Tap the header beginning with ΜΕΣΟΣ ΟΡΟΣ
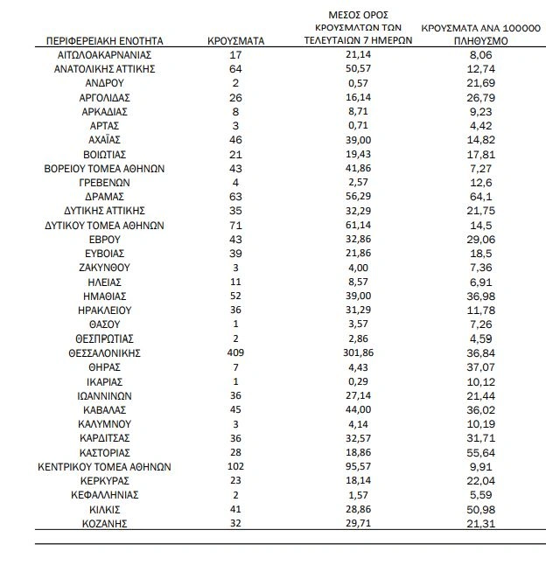[x=346, y=28]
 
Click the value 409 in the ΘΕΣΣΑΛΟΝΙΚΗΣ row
[x=234, y=353]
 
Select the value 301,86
[x=346, y=353]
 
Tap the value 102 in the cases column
[x=234, y=467]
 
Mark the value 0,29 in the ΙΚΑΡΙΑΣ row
[x=346, y=381]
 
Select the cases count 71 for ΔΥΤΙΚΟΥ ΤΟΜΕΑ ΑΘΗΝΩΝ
[x=234, y=225]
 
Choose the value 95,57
[x=346, y=467]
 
